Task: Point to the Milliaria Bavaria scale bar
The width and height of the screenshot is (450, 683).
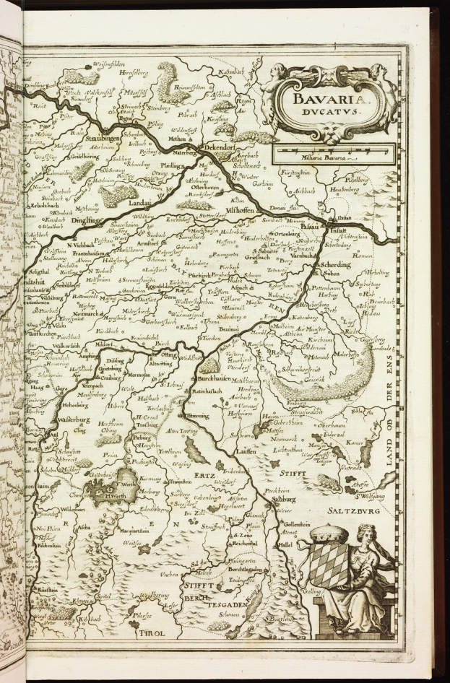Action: pyautogui.click(x=332, y=154)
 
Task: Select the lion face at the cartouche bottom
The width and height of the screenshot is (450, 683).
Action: pyautogui.click(x=331, y=131)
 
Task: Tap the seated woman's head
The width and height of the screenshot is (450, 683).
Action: pyautogui.click(x=367, y=532)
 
